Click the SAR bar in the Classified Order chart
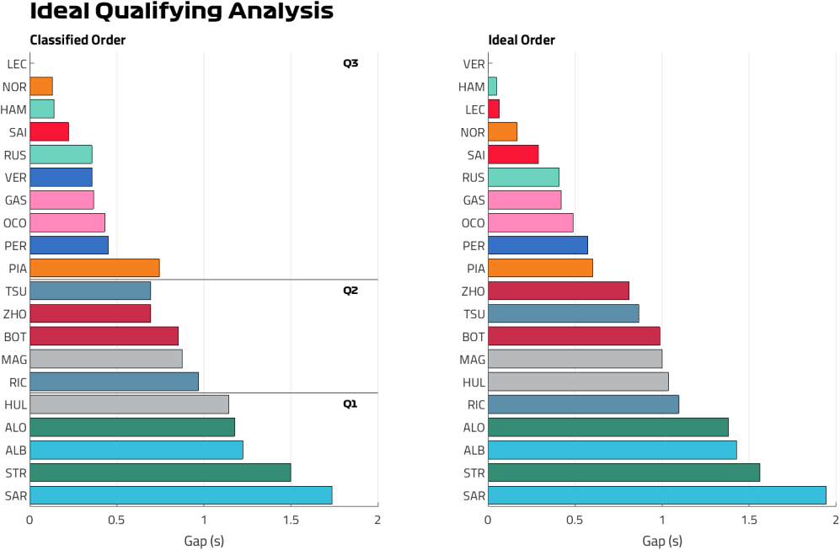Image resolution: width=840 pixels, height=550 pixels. [180, 495]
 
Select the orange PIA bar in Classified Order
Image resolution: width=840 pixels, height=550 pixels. [94, 268]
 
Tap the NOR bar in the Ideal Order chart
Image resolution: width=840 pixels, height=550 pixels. [502, 132]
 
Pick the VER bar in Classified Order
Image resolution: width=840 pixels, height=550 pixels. [61, 177]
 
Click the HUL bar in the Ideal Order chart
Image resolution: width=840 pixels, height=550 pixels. [578, 382]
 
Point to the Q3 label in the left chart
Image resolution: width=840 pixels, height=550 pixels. [350, 63]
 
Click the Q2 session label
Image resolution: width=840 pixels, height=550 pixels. [350, 291]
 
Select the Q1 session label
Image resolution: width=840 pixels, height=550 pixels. [350, 404]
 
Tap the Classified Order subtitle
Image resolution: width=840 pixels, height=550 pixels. [78, 40]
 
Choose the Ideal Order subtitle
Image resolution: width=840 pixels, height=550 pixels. [522, 40]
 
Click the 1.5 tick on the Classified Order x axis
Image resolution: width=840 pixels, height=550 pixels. [291, 520]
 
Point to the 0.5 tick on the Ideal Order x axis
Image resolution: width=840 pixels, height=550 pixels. [575, 520]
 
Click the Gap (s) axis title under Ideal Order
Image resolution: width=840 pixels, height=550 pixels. [661, 540]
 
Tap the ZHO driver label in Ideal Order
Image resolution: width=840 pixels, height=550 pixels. [473, 291]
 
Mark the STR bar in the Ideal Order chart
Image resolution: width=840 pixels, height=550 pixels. [623, 473]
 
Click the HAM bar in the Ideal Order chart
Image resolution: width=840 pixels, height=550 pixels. [492, 87]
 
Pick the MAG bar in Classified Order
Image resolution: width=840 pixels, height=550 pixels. [105, 359]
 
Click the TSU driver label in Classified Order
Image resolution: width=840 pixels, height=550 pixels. [16, 291]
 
